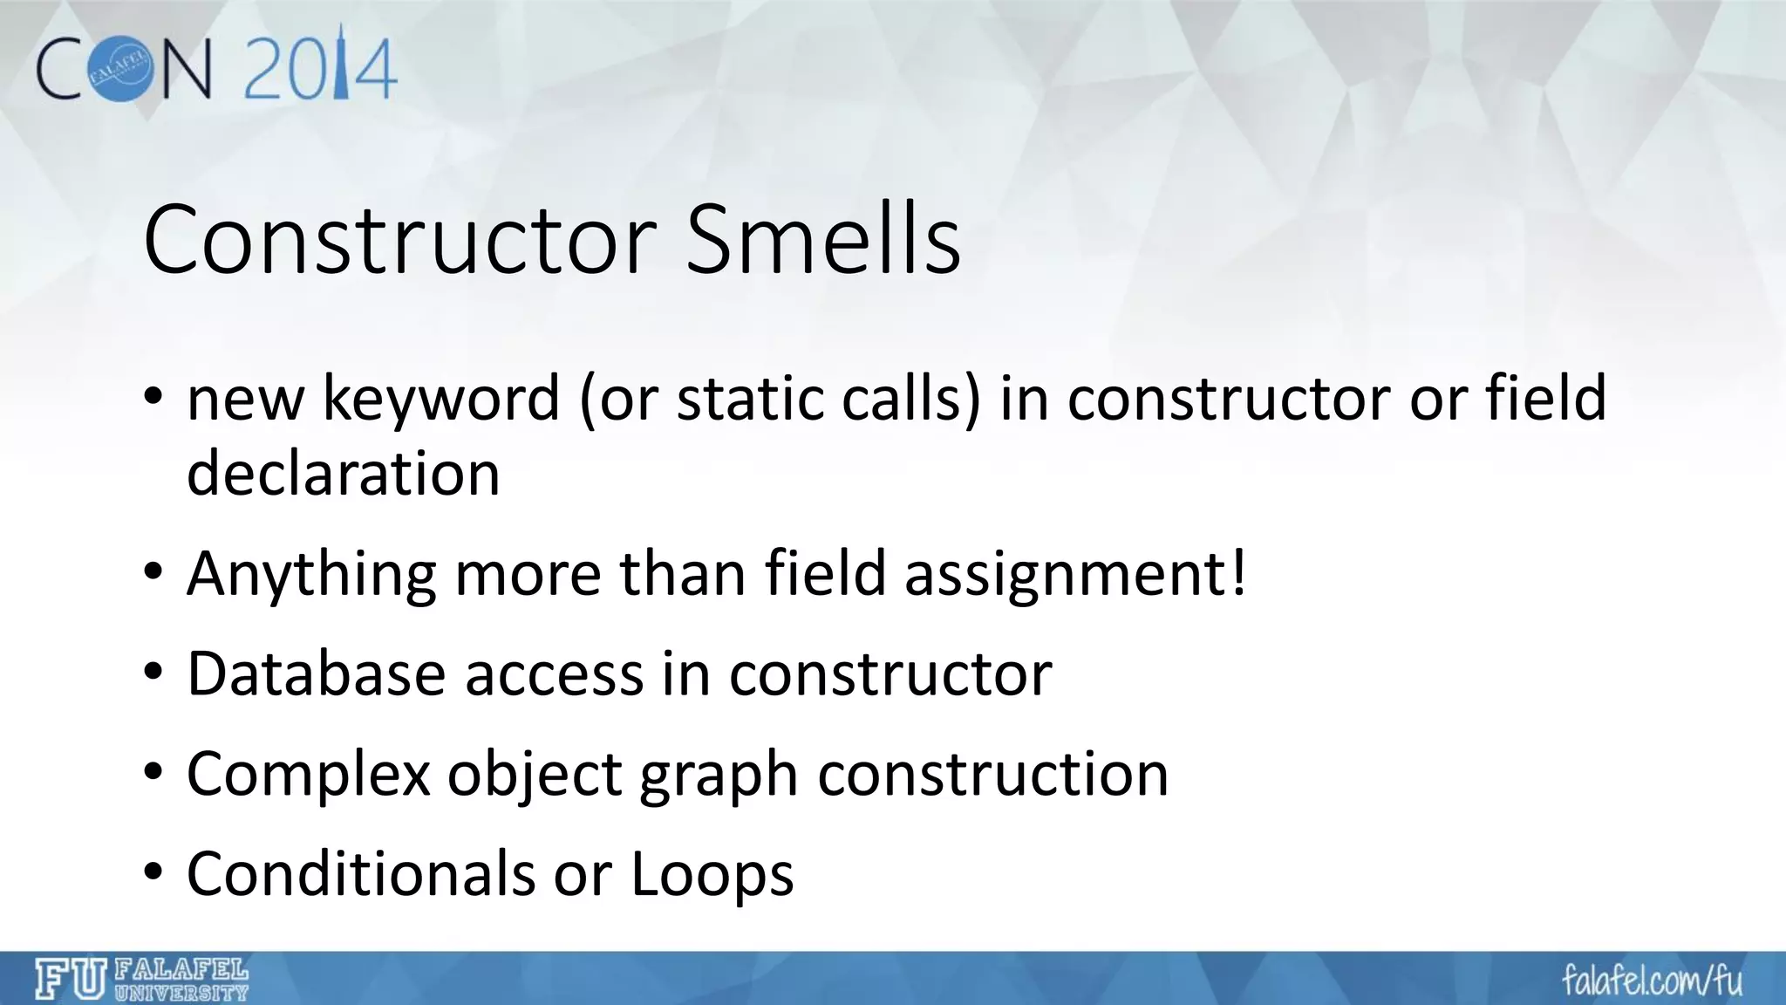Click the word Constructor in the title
tap(399, 240)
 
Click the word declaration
tap(343, 475)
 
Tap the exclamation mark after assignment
tap(1237, 573)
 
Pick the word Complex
tap(308, 776)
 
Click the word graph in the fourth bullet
tap(718, 776)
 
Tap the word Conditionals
tap(360, 873)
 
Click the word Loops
tap(712, 875)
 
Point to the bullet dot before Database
tap(153, 674)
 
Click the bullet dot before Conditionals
tap(153, 873)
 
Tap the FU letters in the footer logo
tap(71, 979)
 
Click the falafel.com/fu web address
tap(1652, 980)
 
